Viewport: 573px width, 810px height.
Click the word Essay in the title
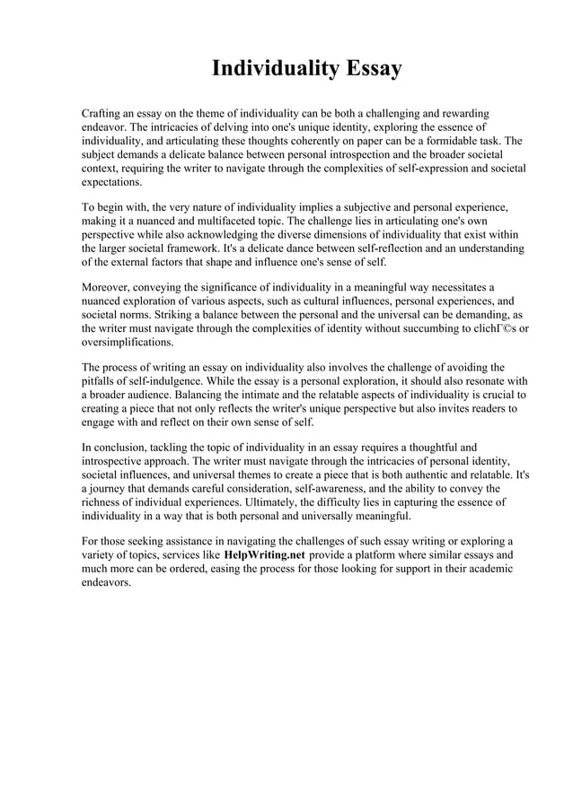(366, 69)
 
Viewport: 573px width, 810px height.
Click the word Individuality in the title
(269, 69)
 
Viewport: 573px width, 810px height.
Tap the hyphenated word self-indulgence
(159, 380)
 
